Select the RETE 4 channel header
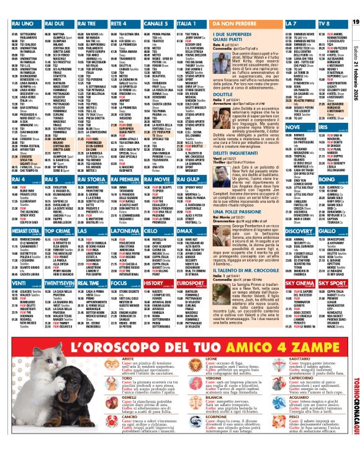pos(122,23)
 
